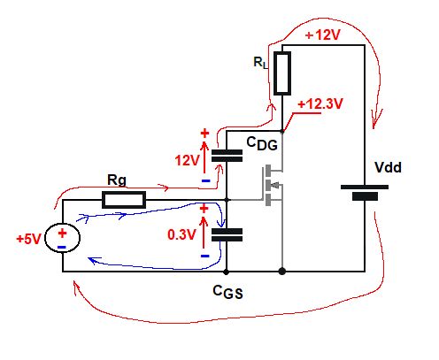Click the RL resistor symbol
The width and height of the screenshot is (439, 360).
[281, 73]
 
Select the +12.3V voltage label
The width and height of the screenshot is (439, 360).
[321, 103]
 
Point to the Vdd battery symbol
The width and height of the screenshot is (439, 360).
[364, 191]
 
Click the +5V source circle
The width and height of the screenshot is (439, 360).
[63, 237]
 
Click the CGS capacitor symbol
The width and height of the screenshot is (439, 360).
[227, 234]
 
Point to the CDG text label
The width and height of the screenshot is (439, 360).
[261, 142]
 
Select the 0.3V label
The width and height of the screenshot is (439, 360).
[183, 236]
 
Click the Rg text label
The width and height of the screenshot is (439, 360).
[117, 180]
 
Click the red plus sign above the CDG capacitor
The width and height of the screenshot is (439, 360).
[205, 134]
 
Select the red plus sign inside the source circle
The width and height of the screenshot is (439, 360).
[63, 232]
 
